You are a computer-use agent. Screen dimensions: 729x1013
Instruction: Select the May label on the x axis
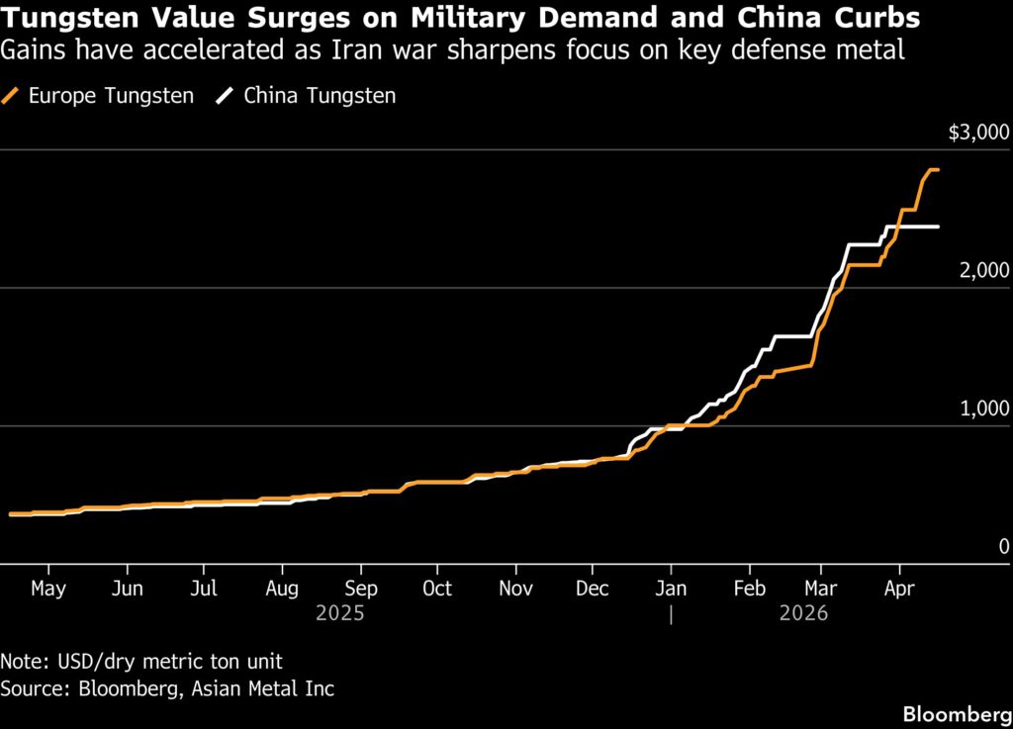47,589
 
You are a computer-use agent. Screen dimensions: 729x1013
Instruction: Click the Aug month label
282,589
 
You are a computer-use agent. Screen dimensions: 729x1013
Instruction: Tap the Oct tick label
436,589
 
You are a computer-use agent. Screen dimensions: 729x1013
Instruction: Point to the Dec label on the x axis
592,589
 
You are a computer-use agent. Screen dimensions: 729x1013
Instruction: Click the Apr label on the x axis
898,589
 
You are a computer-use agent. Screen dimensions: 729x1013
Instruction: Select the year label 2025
339,614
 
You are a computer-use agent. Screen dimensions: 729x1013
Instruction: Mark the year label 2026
802,614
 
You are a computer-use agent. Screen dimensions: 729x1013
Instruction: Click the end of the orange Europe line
938,170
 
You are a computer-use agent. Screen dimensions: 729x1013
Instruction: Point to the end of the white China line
938,227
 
